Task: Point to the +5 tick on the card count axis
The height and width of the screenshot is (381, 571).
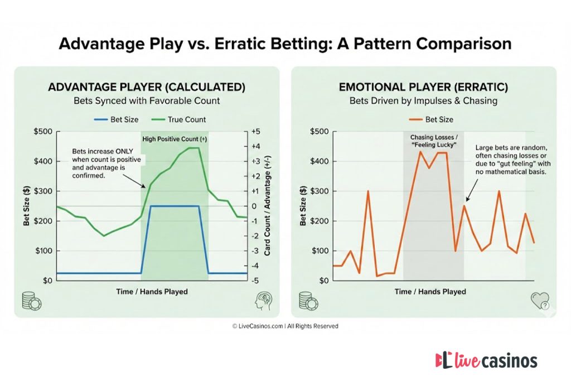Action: point(255,132)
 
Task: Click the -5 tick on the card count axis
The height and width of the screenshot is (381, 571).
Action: point(255,281)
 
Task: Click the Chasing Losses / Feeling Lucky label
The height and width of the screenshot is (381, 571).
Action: point(433,141)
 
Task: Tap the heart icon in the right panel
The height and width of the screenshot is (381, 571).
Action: point(539,301)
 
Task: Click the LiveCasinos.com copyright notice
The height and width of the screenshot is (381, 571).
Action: point(285,326)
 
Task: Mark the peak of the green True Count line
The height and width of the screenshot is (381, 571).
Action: point(193,148)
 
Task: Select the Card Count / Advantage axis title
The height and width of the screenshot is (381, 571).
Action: point(268,206)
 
